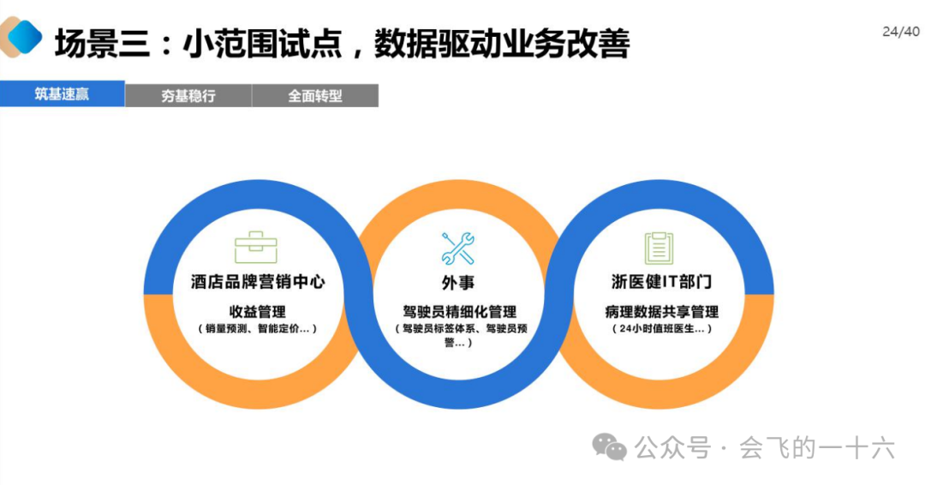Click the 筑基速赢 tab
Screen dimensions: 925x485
(62, 94)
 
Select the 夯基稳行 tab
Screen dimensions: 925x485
(188, 96)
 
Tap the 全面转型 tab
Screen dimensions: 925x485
(314, 96)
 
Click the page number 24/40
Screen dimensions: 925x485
(900, 33)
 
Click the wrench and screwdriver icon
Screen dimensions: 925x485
(458, 248)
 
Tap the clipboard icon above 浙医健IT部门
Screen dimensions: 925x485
(659, 248)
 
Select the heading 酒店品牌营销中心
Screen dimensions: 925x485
(258, 282)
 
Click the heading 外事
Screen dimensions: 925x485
(458, 283)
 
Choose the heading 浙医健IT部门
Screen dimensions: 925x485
(661, 282)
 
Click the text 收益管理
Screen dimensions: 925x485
(257, 311)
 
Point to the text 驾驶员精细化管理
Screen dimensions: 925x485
(460, 312)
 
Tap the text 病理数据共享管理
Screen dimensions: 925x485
(661, 312)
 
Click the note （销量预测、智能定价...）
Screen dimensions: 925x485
(257, 328)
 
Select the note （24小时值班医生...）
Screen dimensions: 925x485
(661, 328)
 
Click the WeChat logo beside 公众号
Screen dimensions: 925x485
(611, 446)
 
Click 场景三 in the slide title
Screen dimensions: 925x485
(96, 43)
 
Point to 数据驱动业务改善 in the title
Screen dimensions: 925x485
(502, 43)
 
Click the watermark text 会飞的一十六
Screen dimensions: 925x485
(817, 447)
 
